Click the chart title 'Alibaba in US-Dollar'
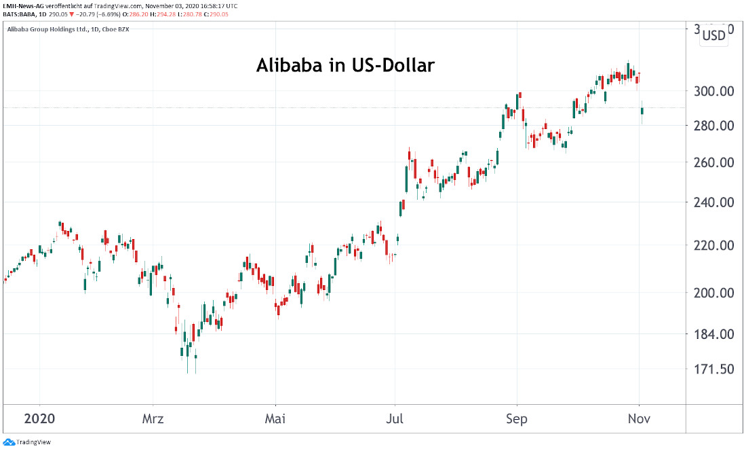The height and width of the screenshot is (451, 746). pos(345,66)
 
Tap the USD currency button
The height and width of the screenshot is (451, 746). pos(713,36)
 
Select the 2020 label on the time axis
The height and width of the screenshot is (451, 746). pos(39,418)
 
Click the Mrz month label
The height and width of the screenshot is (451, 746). pos(153,418)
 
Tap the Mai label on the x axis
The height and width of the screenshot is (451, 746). pos(275,418)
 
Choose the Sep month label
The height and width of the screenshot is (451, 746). pos(517,418)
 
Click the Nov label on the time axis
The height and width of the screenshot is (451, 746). pos(640,418)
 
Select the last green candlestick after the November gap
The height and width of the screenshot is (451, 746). pos(642,111)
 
